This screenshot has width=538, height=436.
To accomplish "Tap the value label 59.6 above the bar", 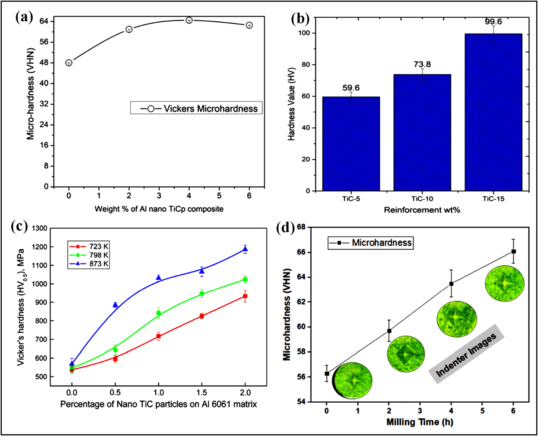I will point(351,88).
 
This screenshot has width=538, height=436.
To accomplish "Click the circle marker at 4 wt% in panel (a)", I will point(189,20).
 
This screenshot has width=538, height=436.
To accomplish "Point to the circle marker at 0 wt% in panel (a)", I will point(69,63).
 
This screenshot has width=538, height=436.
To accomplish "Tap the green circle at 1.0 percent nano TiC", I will point(158,313).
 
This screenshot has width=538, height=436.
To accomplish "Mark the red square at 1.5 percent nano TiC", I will point(202,316).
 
